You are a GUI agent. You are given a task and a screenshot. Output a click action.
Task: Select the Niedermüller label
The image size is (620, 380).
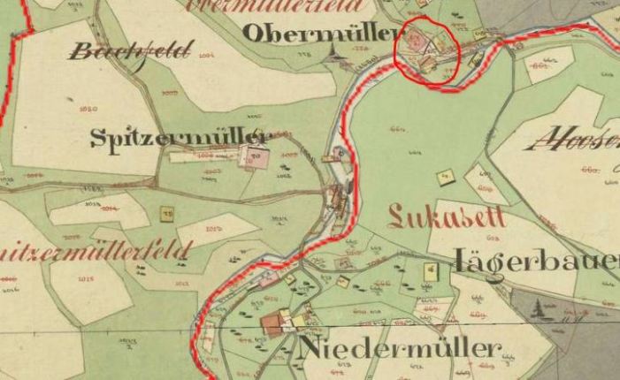tap(400, 348)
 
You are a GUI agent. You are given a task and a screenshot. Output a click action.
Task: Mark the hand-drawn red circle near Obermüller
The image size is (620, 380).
tap(427, 50)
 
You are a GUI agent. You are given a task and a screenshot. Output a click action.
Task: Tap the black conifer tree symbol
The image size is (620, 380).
tap(540, 309)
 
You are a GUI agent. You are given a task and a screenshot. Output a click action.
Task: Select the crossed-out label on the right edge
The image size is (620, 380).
tap(579, 138)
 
